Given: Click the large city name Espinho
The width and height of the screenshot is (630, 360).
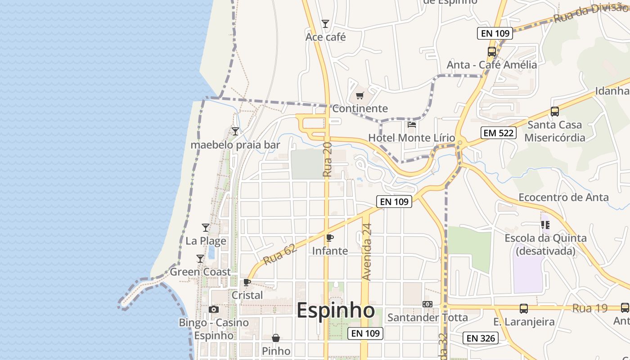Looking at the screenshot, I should pyautogui.click(x=336, y=310).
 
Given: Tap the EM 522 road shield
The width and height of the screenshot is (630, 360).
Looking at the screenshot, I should pyautogui.click(x=498, y=133).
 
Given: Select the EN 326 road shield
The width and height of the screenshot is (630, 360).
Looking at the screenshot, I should pyautogui.click(x=481, y=338).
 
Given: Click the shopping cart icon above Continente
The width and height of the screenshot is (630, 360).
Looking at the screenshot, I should pyautogui.click(x=360, y=95).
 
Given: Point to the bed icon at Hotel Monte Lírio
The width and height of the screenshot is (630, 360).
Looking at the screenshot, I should pyautogui.click(x=412, y=124).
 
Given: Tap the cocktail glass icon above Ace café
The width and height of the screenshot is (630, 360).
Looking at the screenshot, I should pyautogui.click(x=325, y=24).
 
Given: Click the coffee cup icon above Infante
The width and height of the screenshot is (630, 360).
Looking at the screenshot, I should pyautogui.click(x=330, y=238).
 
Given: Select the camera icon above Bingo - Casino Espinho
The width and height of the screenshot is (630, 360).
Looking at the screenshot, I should pyautogui.click(x=214, y=310).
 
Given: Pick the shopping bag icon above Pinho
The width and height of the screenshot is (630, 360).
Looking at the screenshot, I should pyautogui.click(x=276, y=338).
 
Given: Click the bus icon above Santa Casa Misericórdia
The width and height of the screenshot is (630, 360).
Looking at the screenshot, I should pyautogui.click(x=555, y=111).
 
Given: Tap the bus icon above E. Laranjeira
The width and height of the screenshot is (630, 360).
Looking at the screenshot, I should pyautogui.click(x=524, y=308).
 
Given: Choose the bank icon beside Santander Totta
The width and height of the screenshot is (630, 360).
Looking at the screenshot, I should pyautogui.click(x=427, y=304).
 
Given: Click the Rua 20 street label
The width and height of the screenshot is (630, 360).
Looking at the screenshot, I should pyautogui.click(x=327, y=159).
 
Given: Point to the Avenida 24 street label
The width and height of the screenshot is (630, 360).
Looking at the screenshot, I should pyautogui.click(x=367, y=252).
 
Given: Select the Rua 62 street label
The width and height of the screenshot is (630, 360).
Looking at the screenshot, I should pyautogui.click(x=280, y=255).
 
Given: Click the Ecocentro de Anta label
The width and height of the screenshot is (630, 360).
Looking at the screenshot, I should pyautogui.click(x=563, y=197).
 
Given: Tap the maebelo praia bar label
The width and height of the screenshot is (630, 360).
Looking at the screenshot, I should pyautogui.click(x=235, y=145).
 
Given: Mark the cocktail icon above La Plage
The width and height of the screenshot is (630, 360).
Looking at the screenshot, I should pyautogui.click(x=206, y=227).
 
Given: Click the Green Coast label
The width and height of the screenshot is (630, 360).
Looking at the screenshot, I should pyautogui.click(x=200, y=272).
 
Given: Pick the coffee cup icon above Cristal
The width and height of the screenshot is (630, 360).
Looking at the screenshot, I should pyautogui.click(x=247, y=282).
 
